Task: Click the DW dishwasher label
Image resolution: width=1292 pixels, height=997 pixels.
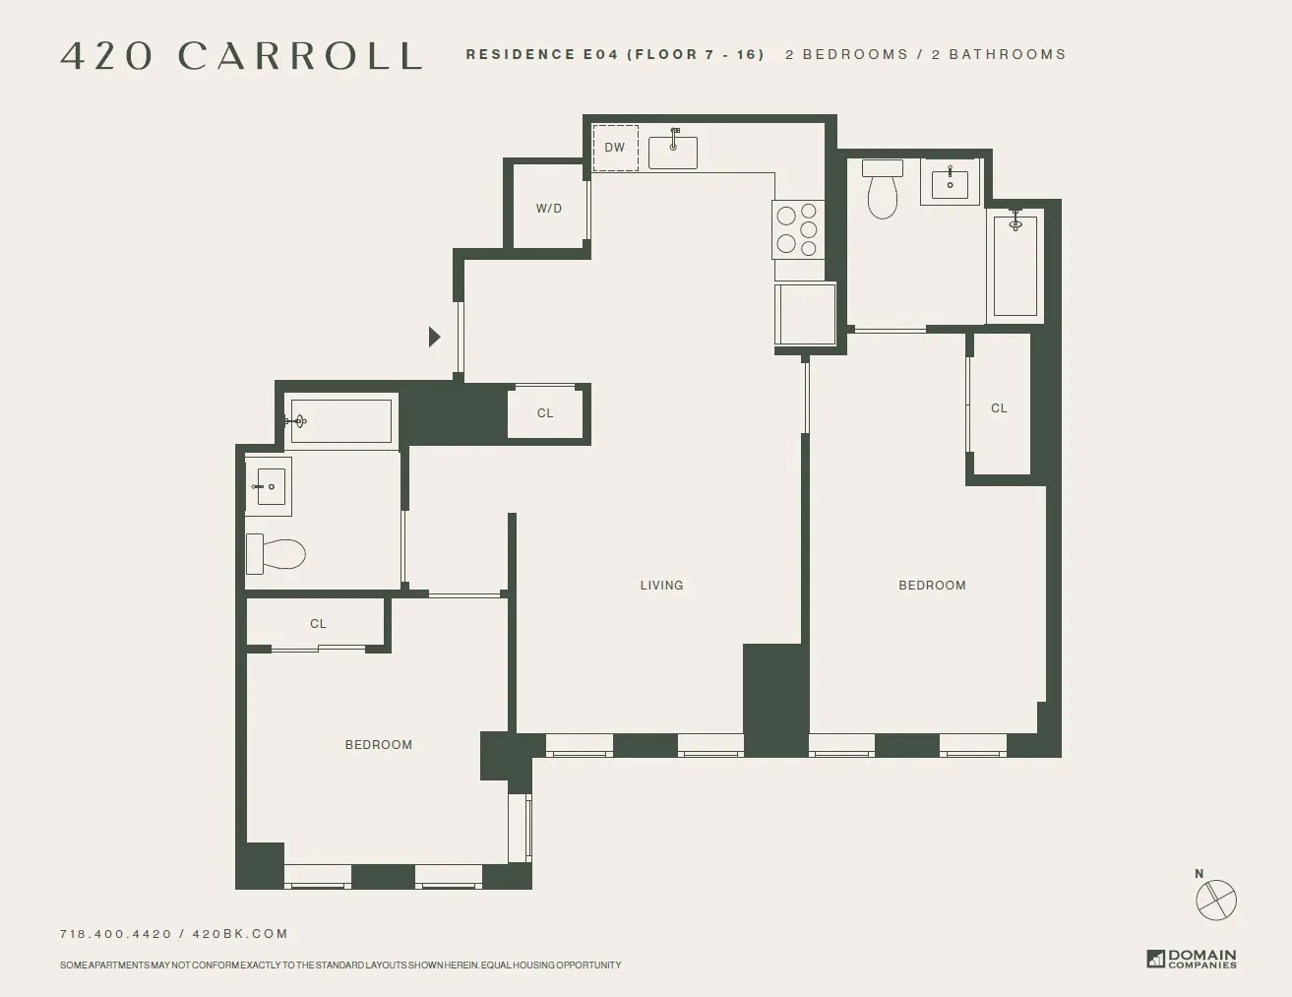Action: coord(615,148)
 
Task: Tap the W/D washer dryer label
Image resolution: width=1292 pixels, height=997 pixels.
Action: coord(549,209)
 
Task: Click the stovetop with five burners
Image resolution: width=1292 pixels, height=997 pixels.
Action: coord(798,228)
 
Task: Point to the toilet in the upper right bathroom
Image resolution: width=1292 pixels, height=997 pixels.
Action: coord(883,189)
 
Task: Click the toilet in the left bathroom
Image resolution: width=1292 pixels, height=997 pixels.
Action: coord(276,553)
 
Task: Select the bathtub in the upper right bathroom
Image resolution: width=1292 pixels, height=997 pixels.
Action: coord(1015,264)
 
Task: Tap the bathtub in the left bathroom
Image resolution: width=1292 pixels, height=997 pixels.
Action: coord(340,421)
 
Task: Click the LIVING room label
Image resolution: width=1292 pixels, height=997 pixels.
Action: coord(661,585)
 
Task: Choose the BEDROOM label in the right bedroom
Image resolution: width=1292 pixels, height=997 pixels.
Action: coord(932,585)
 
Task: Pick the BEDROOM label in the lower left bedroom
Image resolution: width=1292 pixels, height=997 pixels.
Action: coord(378,745)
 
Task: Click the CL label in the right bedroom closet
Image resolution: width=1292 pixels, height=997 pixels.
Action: coord(999,408)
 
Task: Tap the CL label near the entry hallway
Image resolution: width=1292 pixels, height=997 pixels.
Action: coord(545,413)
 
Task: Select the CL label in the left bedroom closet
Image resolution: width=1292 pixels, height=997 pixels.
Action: coord(318,624)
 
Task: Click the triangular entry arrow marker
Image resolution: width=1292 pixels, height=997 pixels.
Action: coord(434,337)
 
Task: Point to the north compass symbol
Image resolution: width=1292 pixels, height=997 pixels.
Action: coord(1215,899)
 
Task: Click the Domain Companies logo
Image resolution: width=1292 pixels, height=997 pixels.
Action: coord(1191,958)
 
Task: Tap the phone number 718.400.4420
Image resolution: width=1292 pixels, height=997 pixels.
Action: coord(115,934)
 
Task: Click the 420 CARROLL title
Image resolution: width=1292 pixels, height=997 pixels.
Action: coord(241,55)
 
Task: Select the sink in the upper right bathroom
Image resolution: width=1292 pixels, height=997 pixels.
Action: coord(950,183)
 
